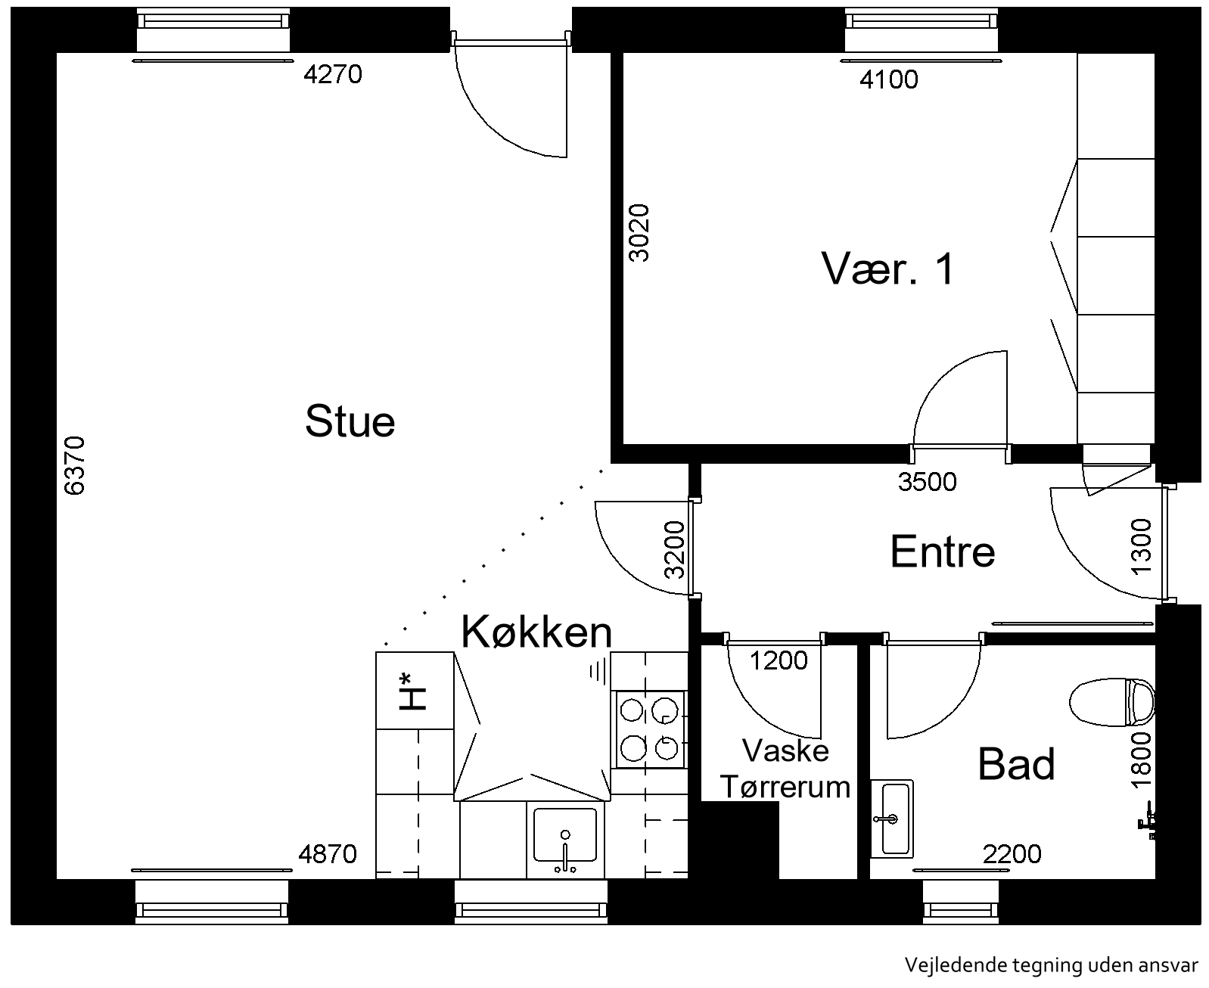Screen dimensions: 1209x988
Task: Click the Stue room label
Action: coord(350,421)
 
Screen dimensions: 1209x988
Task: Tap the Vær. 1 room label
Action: coord(887,269)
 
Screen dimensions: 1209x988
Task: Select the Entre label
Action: coord(943,551)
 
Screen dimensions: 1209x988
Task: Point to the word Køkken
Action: coord(536,632)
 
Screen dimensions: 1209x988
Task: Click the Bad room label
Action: coord(1016,763)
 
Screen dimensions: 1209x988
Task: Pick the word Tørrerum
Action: coord(785,786)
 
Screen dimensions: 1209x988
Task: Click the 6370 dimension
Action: coord(75,465)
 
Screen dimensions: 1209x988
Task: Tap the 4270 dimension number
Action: coord(333,74)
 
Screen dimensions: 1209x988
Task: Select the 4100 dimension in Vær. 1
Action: coord(888,79)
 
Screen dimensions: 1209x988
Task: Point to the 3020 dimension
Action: coord(639,233)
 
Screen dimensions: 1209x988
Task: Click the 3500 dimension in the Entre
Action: coord(927,482)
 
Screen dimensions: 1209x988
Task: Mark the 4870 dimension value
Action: coord(328,854)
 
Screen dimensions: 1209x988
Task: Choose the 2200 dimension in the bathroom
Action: coord(1012,854)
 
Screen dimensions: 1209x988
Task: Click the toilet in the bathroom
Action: coord(1111,701)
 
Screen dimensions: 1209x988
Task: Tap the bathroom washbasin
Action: coord(892,819)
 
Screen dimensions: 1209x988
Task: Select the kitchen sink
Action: coord(565,839)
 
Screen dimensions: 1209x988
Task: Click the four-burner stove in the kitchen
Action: coord(649,729)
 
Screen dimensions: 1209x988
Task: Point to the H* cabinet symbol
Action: coord(413,691)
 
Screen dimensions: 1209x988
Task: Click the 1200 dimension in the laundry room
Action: coord(779,660)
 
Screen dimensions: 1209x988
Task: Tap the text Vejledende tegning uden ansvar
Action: coord(1052,965)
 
